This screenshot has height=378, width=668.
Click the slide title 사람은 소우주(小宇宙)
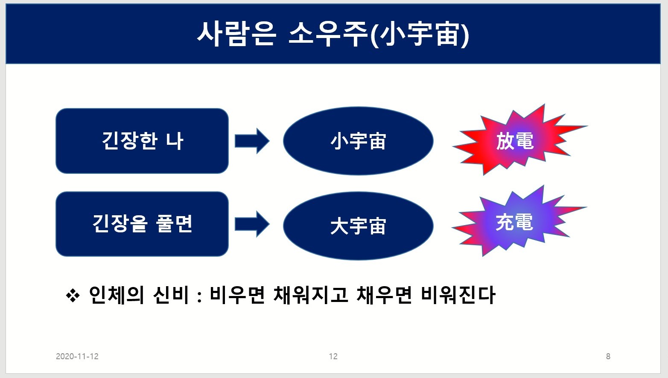333,34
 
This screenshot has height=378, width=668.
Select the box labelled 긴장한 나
142,141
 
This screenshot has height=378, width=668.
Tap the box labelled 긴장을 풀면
142,224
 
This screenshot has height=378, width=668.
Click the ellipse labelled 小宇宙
358,141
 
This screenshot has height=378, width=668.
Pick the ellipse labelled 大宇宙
358,226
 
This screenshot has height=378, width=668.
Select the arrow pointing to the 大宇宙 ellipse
252,224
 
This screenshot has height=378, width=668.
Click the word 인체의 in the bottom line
116,295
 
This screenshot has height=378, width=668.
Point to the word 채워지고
311,295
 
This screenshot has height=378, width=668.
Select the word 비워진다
458,295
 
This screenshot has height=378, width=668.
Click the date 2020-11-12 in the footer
77,356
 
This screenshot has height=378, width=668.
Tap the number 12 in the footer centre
333,356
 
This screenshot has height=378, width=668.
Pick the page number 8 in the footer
608,356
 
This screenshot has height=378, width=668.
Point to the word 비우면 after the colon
237,295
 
